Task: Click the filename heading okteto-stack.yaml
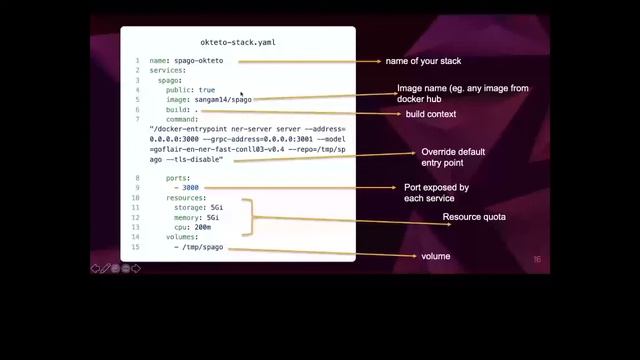(x=237, y=43)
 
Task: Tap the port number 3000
(x=190, y=187)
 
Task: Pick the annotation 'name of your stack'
(x=424, y=61)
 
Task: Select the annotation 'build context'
(x=431, y=114)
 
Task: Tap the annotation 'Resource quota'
(x=474, y=217)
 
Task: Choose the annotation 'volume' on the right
(x=435, y=257)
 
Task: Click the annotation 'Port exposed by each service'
(x=436, y=193)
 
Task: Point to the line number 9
(x=137, y=178)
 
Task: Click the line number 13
(x=136, y=227)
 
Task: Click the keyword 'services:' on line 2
(x=167, y=70)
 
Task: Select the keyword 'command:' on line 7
(x=182, y=119)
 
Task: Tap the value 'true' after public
(x=206, y=90)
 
